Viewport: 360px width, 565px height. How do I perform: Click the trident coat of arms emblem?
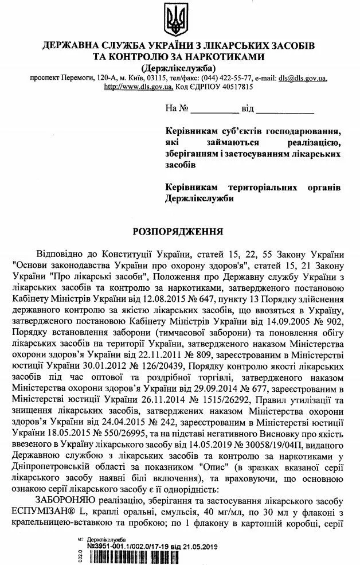(x=179, y=18)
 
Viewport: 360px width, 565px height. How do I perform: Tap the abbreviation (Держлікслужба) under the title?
(x=179, y=67)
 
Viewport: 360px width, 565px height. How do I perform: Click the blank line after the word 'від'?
(x=290, y=109)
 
